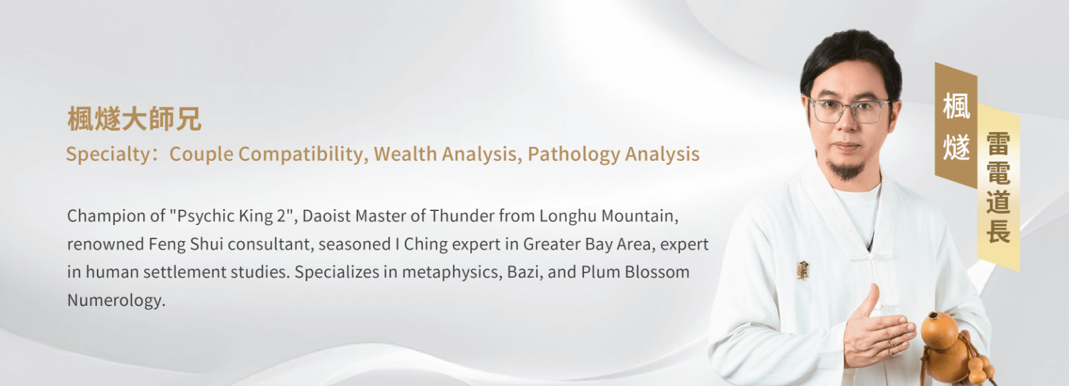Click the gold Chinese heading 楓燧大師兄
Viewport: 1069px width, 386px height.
(x=134, y=119)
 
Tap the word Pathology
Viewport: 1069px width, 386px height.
(x=573, y=154)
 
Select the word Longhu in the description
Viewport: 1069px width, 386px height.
(x=568, y=216)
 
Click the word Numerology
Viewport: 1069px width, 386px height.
(x=116, y=301)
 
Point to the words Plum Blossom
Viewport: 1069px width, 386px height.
(x=635, y=272)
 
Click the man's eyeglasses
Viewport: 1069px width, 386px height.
(x=849, y=111)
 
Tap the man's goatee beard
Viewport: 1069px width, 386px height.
(x=846, y=170)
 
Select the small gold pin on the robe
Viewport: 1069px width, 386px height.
(x=802, y=270)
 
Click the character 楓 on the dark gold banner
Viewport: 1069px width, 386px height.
(x=956, y=106)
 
